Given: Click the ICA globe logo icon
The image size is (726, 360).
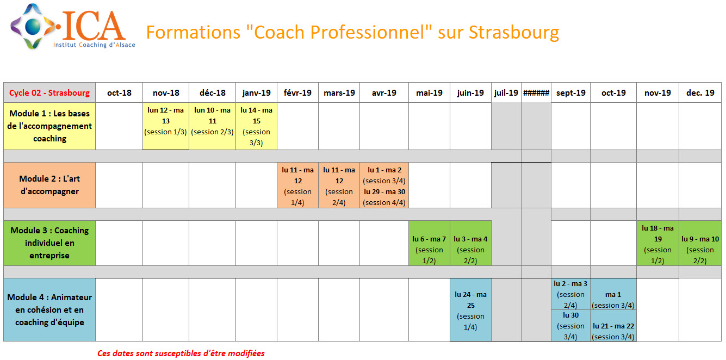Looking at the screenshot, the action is (33, 26).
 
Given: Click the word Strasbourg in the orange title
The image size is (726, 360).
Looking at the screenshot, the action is (514, 33).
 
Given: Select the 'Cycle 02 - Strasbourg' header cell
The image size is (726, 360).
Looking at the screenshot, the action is (49, 93).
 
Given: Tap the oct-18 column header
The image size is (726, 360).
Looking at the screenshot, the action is (119, 93).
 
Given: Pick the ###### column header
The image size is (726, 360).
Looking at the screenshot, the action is (536, 93).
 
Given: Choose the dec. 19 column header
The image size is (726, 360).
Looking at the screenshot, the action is (700, 93).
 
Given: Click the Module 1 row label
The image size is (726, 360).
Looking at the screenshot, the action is (49, 126).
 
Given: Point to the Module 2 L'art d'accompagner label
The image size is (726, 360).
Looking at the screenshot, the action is (49, 185).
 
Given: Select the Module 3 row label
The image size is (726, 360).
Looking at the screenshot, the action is (49, 243).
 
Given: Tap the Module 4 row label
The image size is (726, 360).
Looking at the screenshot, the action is (49, 310).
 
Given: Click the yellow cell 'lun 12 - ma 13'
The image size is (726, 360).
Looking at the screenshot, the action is (166, 126).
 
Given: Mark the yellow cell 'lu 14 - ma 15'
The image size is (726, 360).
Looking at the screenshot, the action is (256, 126).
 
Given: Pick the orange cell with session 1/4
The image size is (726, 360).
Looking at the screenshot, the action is (297, 185).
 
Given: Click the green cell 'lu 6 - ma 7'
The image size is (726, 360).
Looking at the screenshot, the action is (429, 243).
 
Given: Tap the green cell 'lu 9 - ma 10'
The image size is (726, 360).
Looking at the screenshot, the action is (700, 243).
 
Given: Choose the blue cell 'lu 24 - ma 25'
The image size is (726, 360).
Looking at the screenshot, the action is (470, 310).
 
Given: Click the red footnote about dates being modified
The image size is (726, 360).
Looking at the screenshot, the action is (181, 353).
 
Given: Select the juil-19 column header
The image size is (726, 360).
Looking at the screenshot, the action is (506, 93).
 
